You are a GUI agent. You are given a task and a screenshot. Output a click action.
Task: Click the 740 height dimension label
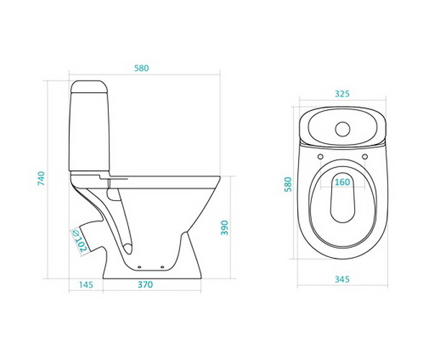41,179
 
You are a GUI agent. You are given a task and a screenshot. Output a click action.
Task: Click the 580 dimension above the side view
141,68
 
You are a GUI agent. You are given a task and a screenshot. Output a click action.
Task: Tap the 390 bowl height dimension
225,228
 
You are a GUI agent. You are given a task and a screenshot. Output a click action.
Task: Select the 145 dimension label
86,284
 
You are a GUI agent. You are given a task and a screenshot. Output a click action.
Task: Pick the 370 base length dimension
145,284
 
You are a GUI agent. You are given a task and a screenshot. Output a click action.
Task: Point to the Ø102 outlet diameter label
79,241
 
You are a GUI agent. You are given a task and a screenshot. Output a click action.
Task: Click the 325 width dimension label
342,94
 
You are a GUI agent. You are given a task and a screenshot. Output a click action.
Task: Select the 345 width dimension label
342,279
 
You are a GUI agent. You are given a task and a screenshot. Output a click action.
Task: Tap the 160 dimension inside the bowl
343,182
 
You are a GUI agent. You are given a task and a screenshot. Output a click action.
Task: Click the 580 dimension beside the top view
288,184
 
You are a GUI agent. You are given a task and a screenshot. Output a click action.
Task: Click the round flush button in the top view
343,129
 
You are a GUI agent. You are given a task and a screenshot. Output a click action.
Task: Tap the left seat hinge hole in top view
320,156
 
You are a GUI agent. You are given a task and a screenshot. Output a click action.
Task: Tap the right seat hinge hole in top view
365,156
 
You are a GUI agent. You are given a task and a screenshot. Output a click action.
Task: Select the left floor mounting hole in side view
139,266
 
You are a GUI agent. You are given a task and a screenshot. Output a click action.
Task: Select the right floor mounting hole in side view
162,266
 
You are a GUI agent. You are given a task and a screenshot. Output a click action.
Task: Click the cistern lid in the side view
89,87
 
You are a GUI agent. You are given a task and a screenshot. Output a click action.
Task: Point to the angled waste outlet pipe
88,237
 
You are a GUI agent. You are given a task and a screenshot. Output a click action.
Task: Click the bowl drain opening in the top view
343,198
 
